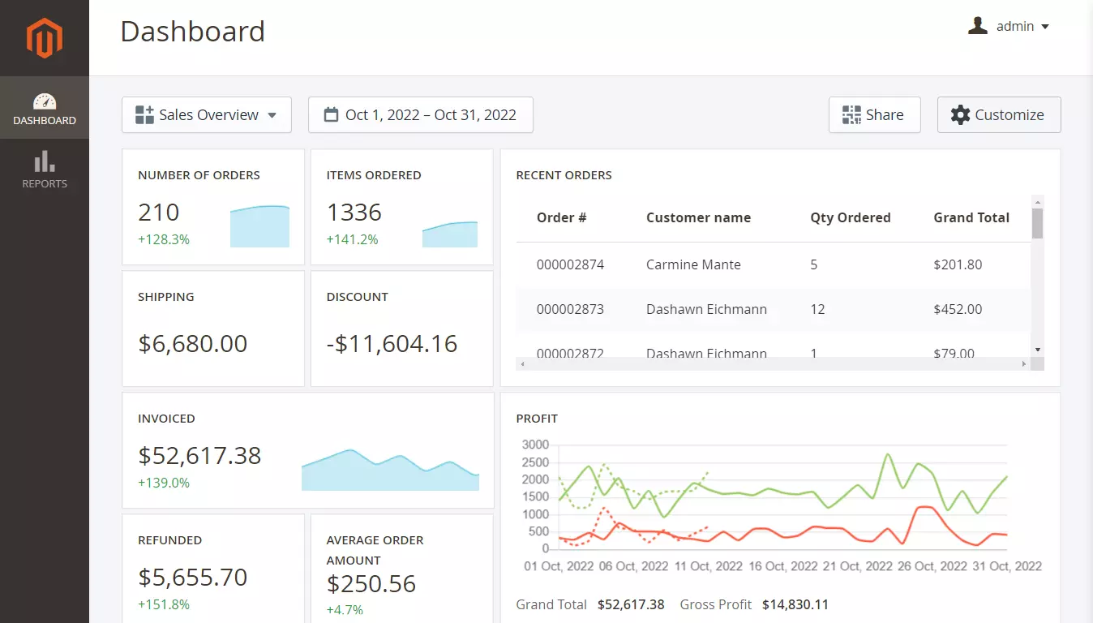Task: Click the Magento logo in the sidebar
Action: coord(44,38)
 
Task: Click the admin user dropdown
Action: coord(1009,27)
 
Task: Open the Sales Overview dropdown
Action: coord(207,115)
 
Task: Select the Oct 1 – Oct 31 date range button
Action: coord(420,115)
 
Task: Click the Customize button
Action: coord(998,115)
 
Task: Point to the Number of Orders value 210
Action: coord(159,213)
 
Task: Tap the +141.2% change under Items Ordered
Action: coord(352,239)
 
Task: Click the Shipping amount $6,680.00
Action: coord(193,343)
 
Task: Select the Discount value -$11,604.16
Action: coord(392,343)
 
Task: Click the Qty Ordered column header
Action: coord(850,217)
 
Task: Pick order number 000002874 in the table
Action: coord(570,264)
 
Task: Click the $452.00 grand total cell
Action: coord(958,309)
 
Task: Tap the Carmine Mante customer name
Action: coord(693,264)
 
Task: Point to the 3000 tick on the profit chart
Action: coord(535,445)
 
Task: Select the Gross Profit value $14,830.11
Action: coord(795,604)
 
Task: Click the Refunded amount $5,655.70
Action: coord(193,578)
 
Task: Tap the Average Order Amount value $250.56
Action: coord(371,584)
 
